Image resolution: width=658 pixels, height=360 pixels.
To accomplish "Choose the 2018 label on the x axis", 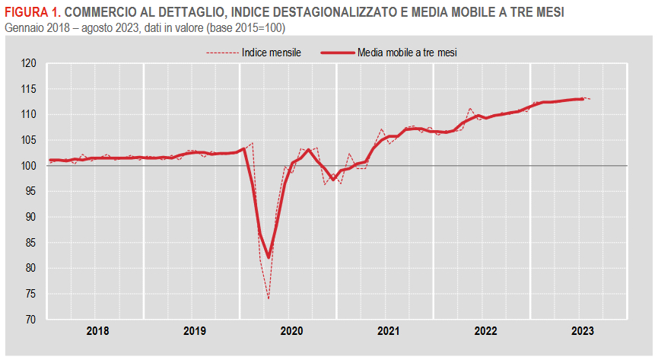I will coord(97,331).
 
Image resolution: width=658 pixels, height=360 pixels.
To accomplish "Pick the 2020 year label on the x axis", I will coord(291,331).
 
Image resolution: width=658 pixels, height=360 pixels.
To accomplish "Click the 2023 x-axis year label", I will coord(583,331).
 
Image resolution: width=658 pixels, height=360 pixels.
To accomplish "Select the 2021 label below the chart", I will coord(389,331).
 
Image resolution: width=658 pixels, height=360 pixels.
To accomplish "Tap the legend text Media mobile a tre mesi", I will coord(412,53).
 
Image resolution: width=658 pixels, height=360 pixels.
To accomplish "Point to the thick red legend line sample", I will coord(337,53).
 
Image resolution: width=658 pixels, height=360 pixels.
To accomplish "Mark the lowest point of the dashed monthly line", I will coord(269,298).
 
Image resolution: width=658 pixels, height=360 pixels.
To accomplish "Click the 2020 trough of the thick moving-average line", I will coord(269,257).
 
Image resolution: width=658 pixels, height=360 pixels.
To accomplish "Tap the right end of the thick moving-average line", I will coord(582,99).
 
